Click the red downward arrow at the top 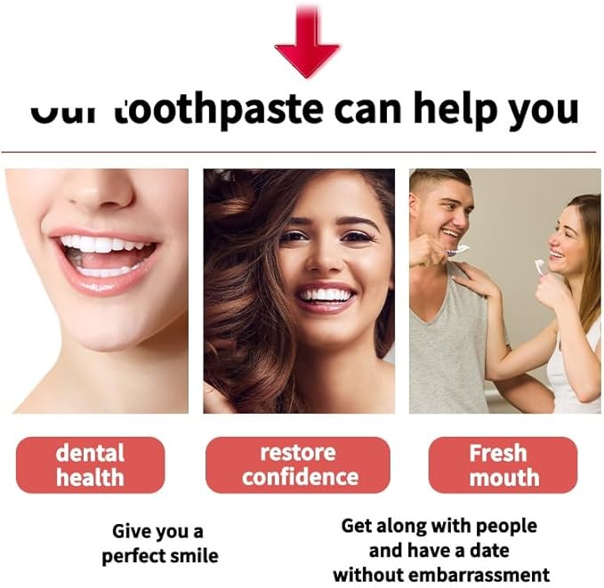pos(306,46)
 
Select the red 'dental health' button pos(90,464)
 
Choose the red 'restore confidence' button pos(298,464)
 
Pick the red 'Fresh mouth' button pos(503,464)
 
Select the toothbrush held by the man pos(456,252)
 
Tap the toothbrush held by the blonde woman pos(539,265)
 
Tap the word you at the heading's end pos(544,110)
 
